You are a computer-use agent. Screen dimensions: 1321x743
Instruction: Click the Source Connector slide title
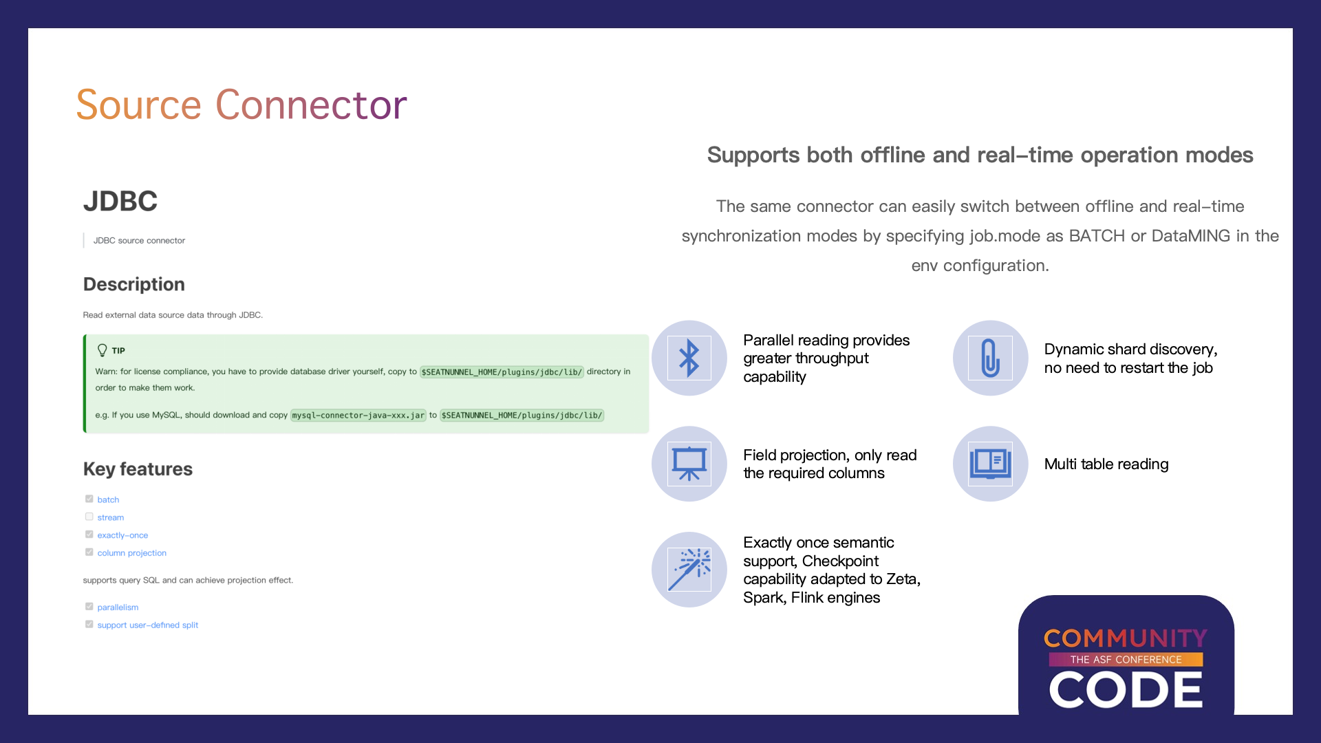tap(241, 105)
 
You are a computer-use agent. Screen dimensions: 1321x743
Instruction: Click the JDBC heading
tap(120, 201)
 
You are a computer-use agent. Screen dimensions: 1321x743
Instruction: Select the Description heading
tap(134, 284)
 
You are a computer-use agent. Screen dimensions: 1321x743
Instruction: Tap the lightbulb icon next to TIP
tap(103, 350)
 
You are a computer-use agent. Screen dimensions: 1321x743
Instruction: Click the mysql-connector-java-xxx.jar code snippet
tap(358, 416)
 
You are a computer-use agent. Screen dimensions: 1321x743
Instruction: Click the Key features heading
tap(138, 469)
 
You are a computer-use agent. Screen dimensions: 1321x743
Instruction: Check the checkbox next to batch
tap(89, 499)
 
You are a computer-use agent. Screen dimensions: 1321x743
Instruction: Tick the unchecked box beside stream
tap(89, 517)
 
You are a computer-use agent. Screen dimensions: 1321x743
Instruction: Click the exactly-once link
tap(122, 535)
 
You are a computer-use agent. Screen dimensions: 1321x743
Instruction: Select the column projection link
tap(132, 553)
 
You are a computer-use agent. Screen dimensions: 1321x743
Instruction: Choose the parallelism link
tap(118, 607)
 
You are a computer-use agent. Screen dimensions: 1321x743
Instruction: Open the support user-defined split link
tap(148, 625)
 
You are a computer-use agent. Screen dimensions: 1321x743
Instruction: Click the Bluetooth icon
tap(689, 358)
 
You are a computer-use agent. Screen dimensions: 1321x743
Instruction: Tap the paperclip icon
tap(990, 358)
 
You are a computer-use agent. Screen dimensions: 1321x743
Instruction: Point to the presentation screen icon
tap(689, 464)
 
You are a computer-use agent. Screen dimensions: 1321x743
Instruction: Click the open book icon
tap(990, 464)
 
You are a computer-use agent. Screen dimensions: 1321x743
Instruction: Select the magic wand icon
tap(689, 570)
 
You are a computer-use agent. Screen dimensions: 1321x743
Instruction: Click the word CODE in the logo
tap(1126, 689)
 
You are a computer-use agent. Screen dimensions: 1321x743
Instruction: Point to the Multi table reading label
tap(1106, 464)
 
